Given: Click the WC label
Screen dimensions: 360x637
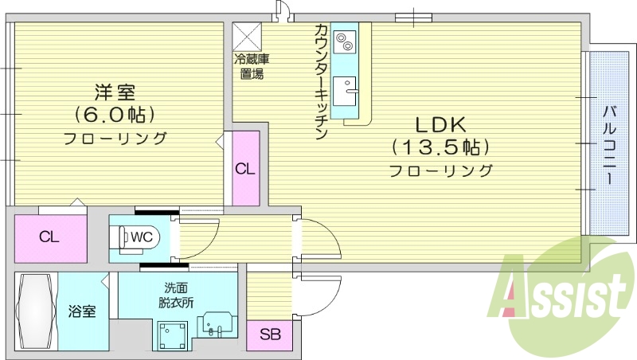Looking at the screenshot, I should [x=142, y=236].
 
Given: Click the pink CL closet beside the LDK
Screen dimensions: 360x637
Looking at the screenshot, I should [x=245, y=168].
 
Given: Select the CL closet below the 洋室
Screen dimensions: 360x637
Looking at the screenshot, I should [x=49, y=237].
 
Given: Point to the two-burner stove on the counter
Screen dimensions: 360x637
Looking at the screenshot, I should [x=346, y=40].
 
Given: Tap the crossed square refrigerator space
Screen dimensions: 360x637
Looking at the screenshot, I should [x=247, y=35].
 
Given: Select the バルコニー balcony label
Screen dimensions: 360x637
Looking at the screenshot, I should [x=608, y=144].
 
